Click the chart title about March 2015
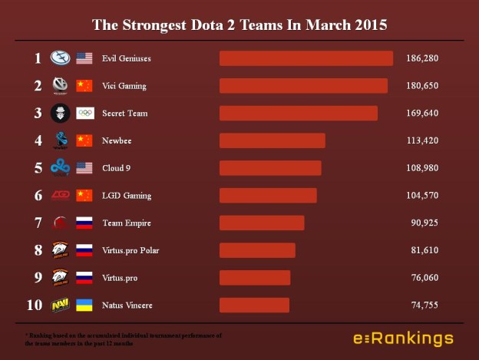coord(240,25)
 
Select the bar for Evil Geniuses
coord(306,58)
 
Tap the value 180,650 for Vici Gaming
coord(422,86)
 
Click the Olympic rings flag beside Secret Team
coord(84,114)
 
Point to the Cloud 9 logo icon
coord(61,168)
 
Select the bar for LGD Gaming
coord(268,196)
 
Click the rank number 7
coord(38,223)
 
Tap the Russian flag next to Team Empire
coord(84,223)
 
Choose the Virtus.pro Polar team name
coord(130,250)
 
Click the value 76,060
coord(424,278)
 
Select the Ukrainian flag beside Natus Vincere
coord(84,306)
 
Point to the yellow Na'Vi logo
coord(61,306)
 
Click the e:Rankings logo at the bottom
coord(403,339)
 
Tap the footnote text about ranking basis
coord(123,339)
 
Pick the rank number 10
coord(35,306)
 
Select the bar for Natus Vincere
coord(254,306)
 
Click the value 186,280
coord(422,58)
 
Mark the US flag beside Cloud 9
coord(84,168)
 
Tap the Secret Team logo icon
coord(61,114)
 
